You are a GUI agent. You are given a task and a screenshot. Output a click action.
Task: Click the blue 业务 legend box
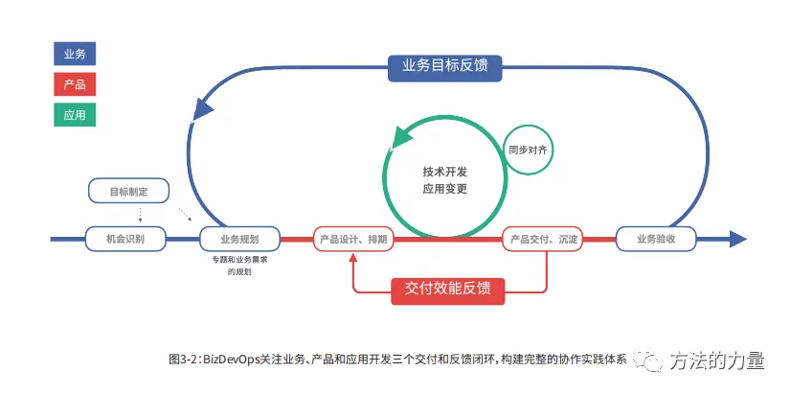[x=75, y=55]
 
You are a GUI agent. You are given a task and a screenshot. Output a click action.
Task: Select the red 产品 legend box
[x=75, y=84]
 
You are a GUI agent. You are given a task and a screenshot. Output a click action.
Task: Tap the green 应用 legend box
[x=75, y=114]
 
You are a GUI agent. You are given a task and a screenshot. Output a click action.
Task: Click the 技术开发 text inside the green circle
[x=445, y=172]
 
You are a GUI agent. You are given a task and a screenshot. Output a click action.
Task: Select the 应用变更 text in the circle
[x=445, y=189]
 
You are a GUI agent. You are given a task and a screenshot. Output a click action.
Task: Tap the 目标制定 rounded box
[x=127, y=191]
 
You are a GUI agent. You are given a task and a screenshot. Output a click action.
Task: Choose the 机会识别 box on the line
[x=127, y=239]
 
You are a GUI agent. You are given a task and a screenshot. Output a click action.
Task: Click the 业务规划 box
[x=237, y=239]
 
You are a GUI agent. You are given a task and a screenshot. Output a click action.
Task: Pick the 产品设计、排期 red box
[x=353, y=239]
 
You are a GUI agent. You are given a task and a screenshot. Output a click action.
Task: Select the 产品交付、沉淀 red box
[x=543, y=239]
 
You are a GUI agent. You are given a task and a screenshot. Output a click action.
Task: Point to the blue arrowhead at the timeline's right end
[x=737, y=239]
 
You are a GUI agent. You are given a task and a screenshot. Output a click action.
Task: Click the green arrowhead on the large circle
[x=399, y=138]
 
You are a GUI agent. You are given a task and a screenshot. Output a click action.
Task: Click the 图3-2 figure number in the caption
[x=183, y=360]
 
